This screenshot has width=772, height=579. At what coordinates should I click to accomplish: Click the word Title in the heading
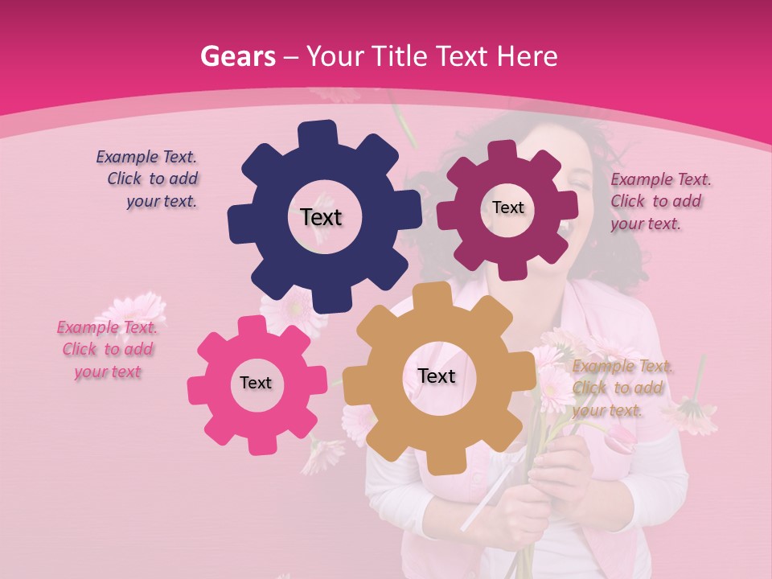pos(404,57)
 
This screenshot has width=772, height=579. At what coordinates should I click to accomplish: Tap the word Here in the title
pos(527,57)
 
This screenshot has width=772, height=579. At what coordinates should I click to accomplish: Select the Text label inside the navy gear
pos(321,217)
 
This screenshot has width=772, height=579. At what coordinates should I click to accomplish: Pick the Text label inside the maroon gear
pos(507,207)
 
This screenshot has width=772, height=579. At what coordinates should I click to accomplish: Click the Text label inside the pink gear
pos(256,383)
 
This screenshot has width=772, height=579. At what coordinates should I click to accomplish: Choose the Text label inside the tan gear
pos(437,376)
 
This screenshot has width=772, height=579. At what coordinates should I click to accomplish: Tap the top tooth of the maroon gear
pos(502,151)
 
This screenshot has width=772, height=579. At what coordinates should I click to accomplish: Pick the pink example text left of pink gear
pos(107,349)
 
